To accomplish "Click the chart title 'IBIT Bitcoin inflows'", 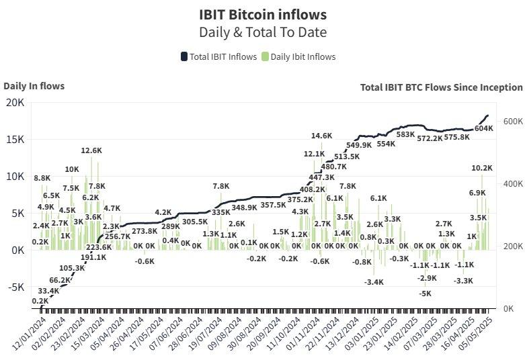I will [x=263, y=14].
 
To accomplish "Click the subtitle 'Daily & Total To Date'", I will [x=263, y=32].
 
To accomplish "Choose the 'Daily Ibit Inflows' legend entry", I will [x=298, y=56].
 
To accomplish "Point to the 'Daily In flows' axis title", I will [x=34, y=85].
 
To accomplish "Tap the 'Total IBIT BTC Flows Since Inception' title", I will [x=441, y=87].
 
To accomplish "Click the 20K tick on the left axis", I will [x=15, y=102].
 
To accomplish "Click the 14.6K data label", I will [x=321, y=136].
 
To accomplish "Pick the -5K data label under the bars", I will [x=425, y=294].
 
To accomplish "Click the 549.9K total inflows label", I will [x=359, y=145].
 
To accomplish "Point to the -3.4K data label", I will [x=374, y=282].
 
